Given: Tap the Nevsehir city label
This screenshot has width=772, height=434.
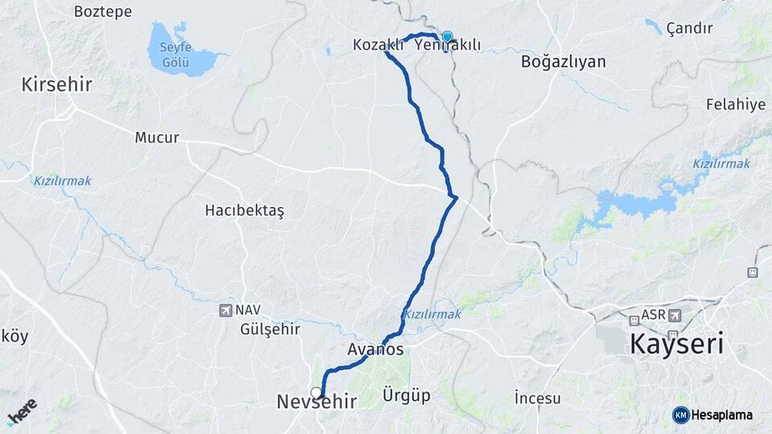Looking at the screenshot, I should [x=316, y=401].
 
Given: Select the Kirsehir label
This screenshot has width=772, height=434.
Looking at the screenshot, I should [x=57, y=84].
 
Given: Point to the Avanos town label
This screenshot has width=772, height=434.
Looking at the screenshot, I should [x=376, y=350].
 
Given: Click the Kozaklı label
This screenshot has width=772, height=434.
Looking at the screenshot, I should [x=378, y=45].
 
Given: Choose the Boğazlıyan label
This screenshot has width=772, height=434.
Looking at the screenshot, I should [x=563, y=62].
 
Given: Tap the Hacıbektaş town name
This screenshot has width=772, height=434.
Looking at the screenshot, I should [x=244, y=211].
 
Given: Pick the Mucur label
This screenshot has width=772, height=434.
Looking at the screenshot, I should [x=157, y=137].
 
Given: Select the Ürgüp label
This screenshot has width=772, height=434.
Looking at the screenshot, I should [x=406, y=395].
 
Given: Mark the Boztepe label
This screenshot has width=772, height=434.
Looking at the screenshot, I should [x=102, y=11].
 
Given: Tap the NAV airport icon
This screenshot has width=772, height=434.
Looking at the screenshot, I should [x=225, y=309].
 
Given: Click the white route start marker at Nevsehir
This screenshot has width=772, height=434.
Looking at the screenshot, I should [x=316, y=392].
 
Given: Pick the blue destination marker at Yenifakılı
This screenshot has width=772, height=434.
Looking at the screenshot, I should [x=447, y=36].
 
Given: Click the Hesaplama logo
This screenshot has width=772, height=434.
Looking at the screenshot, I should [x=712, y=415].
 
